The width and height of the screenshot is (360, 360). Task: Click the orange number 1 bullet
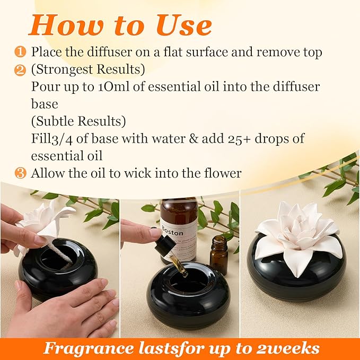tap(20, 52)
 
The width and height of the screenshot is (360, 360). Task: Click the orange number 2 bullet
tap(20, 69)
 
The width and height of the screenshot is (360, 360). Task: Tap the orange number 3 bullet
tap(20, 173)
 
